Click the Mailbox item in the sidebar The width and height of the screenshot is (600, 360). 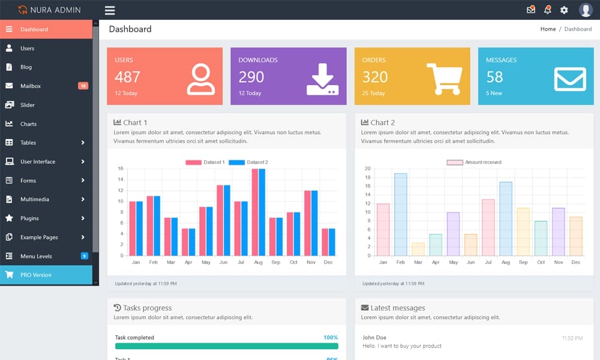tap(30, 86)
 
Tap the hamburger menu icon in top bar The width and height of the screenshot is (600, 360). tap(110, 10)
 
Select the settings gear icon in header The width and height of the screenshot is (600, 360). tap(564, 10)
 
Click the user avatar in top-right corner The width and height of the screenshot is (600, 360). tap(586, 10)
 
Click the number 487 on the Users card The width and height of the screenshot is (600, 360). tap(127, 77)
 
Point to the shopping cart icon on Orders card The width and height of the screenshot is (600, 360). tap(444, 79)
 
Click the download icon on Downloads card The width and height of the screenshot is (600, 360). tap(322, 79)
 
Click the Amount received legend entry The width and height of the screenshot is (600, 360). tap(474, 163)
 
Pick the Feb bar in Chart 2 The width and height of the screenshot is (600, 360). tap(400, 214)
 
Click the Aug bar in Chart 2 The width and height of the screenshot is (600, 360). tap(506, 218)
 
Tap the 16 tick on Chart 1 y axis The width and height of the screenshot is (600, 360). tap(120, 169)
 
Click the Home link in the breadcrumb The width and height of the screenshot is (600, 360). tap(548, 29)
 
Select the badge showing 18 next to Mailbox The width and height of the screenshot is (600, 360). tap(83, 86)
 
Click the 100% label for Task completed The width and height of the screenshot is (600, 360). tap(331, 338)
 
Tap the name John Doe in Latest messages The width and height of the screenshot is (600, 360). tap(374, 338)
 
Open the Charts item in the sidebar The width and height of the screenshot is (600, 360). tap(28, 124)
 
